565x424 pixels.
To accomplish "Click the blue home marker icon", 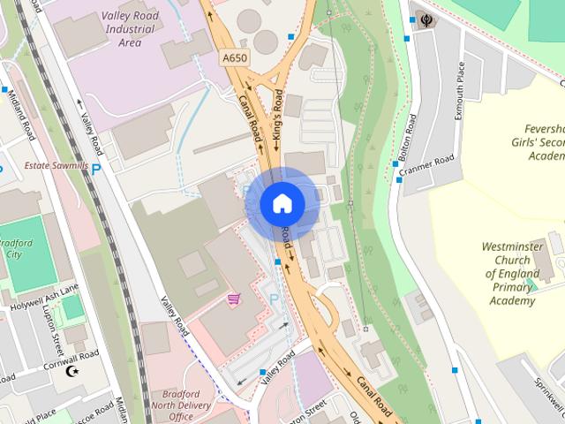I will point(282,204).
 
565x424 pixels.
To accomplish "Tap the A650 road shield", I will point(233,57).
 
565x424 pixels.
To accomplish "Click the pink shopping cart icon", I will point(233,299).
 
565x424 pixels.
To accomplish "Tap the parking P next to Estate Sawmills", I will point(95,168).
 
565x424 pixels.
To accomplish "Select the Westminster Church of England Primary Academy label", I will point(512,274).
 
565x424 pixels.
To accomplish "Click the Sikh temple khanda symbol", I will point(427,18).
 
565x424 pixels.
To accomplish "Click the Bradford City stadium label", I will point(12,248).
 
